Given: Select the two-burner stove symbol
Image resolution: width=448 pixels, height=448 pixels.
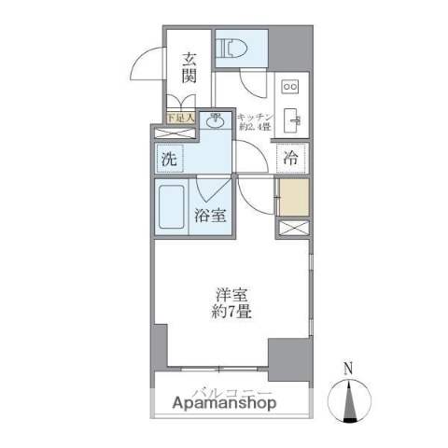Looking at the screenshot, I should click(x=290, y=87).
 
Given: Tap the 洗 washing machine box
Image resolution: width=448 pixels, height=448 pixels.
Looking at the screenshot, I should click(x=170, y=158).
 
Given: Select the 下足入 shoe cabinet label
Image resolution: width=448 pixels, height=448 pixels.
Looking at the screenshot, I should click(x=181, y=118).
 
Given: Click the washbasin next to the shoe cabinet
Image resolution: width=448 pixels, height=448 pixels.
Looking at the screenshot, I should click(x=215, y=120).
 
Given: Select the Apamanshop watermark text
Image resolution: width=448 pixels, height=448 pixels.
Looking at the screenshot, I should click(x=224, y=403).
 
